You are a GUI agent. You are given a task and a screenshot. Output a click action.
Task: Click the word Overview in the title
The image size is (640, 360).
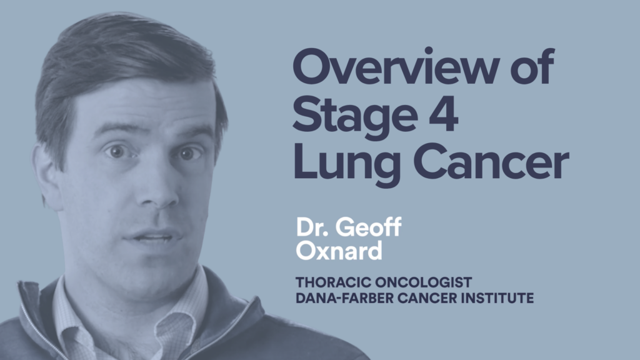point(396,66)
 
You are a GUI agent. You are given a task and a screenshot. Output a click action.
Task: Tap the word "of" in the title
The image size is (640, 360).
point(532,65)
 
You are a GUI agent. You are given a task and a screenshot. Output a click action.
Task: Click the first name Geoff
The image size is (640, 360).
point(369,226)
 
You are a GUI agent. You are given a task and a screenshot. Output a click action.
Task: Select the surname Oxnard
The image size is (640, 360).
point(339,250)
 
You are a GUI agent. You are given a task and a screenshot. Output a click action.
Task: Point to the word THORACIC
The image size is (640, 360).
point(333,282)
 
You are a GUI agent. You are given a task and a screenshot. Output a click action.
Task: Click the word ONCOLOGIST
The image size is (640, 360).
point(423,282)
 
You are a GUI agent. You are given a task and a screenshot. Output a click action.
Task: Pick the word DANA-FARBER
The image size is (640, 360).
point(344,298)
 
